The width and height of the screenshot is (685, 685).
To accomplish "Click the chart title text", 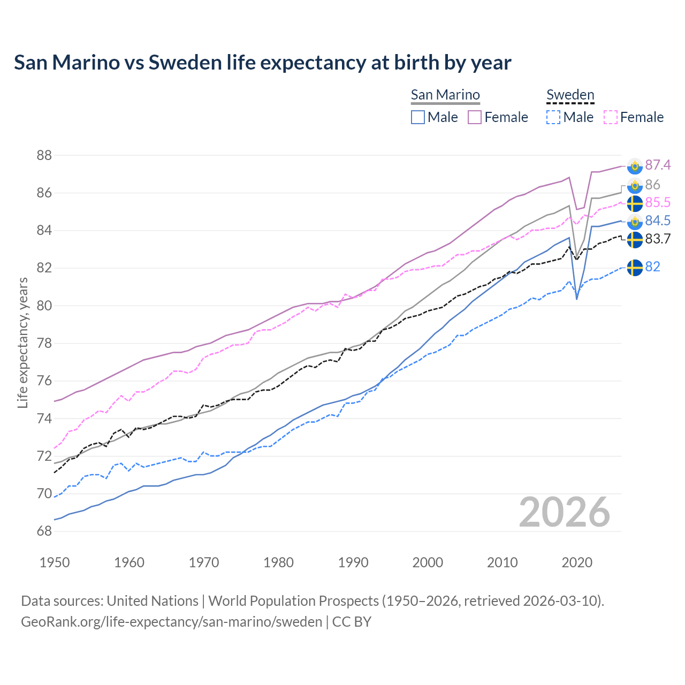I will [x=262, y=63].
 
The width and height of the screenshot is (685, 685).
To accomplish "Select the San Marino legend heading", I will [x=445, y=95].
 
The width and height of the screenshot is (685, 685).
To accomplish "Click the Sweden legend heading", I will [x=570, y=95].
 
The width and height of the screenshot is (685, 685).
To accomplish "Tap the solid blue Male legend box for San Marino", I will [x=418, y=117].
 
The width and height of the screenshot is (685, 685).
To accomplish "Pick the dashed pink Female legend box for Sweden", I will [x=611, y=117].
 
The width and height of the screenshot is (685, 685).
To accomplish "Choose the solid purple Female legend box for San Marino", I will [x=475, y=117].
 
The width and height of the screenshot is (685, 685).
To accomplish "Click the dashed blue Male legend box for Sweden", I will [x=553, y=117].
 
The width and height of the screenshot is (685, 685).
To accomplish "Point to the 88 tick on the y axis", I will [x=44, y=156].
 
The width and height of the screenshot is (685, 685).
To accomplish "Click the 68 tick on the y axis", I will [x=44, y=531].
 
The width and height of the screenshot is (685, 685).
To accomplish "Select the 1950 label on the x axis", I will [x=55, y=562].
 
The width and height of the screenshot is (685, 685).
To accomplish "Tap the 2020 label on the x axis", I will [x=577, y=562].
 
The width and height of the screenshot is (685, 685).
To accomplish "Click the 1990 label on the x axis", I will [x=353, y=562].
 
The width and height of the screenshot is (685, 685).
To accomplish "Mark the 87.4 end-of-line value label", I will [x=658, y=165].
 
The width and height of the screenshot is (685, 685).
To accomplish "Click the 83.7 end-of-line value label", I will [x=658, y=239].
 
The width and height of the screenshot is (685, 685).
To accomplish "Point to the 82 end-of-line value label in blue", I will [x=652, y=267].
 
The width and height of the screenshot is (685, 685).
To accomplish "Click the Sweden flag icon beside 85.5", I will [x=635, y=203].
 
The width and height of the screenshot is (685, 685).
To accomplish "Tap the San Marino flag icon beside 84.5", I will [x=635, y=222].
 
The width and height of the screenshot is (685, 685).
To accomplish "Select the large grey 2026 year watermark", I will [x=565, y=512].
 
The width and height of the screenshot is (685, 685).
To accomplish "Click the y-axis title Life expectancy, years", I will [x=22, y=342].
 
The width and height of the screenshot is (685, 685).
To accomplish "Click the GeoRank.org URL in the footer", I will [x=171, y=622].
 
